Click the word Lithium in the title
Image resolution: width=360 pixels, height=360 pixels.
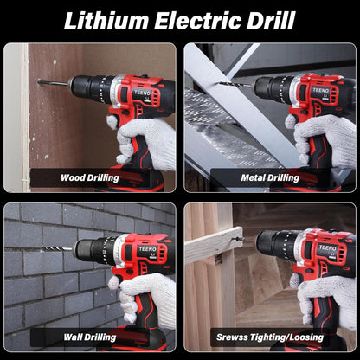(106, 21)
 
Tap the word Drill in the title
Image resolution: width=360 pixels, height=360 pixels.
(271, 21)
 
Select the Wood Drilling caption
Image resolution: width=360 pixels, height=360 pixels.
(90, 177)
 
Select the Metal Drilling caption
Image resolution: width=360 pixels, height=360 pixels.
(270, 177)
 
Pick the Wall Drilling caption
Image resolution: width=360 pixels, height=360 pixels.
(90, 337)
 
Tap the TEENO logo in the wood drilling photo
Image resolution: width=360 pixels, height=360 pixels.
(142, 93)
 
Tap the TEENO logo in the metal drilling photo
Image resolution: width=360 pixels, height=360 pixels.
(320, 90)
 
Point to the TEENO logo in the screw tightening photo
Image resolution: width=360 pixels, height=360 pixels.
(327, 247)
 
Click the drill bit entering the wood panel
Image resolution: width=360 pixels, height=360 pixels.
(55, 83)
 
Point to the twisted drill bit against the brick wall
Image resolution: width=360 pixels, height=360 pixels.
(57, 248)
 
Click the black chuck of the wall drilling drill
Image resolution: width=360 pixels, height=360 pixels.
(93, 250)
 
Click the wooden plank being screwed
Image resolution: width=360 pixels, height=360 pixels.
(214, 245)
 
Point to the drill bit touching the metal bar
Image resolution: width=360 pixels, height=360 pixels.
(236, 85)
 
